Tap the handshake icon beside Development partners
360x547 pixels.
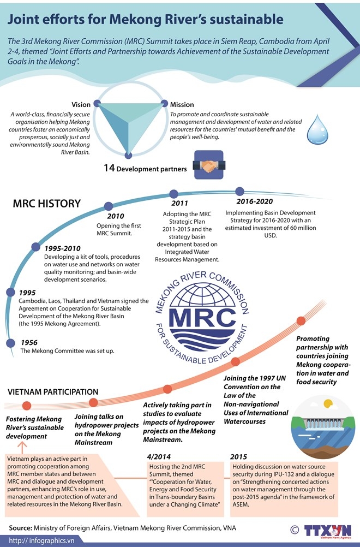[x=207, y=167]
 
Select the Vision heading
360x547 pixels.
[x=81, y=104]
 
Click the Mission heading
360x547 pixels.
[x=182, y=104]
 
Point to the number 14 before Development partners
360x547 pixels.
[x=109, y=168]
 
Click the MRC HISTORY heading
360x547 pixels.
[x=47, y=204]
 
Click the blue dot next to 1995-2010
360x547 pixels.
[x=36, y=247]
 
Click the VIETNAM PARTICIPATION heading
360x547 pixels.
[x=53, y=392]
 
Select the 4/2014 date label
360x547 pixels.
[x=160, y=456]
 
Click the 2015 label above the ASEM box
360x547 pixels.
[x=239, y=456]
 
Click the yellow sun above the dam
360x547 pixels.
[x=328, y=405]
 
